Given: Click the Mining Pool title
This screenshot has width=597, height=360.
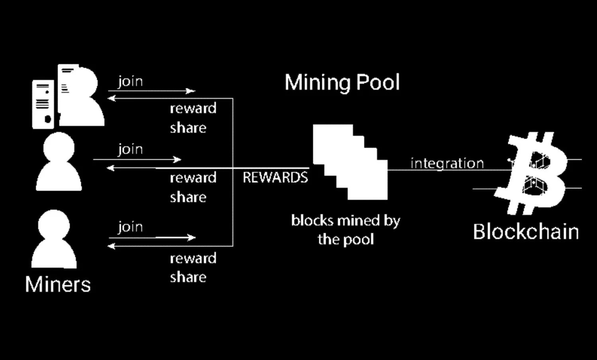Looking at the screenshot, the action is coord(342,82).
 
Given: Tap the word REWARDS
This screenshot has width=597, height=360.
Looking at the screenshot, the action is coord(275,177).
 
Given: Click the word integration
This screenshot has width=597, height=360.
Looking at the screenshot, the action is coord(447,163).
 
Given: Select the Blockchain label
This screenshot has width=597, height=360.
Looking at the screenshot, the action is coord(526,231).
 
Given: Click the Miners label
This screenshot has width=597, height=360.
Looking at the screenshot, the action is coord(58,284).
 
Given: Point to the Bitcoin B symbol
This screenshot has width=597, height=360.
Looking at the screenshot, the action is coord(531,173).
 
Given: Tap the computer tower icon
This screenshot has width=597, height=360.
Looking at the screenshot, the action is coord(43,104).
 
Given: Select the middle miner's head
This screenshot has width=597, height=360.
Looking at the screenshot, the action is coord(59,147).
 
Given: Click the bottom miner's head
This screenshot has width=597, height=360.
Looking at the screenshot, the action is coord(54,225).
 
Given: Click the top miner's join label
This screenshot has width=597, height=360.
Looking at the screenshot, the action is coord(130,82).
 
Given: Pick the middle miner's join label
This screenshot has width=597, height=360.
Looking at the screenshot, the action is coord(130,149).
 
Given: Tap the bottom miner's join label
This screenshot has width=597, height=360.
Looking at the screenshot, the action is coord(130,227).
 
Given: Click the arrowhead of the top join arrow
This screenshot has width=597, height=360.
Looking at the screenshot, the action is coord(192,91).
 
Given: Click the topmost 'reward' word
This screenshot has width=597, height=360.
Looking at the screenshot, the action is coord(193,108).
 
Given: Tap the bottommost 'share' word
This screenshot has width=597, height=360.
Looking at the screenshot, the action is coord(188,277).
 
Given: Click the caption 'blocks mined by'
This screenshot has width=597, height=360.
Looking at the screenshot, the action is coord(345,221).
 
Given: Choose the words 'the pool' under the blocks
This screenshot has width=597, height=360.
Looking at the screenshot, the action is coord(345,239).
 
